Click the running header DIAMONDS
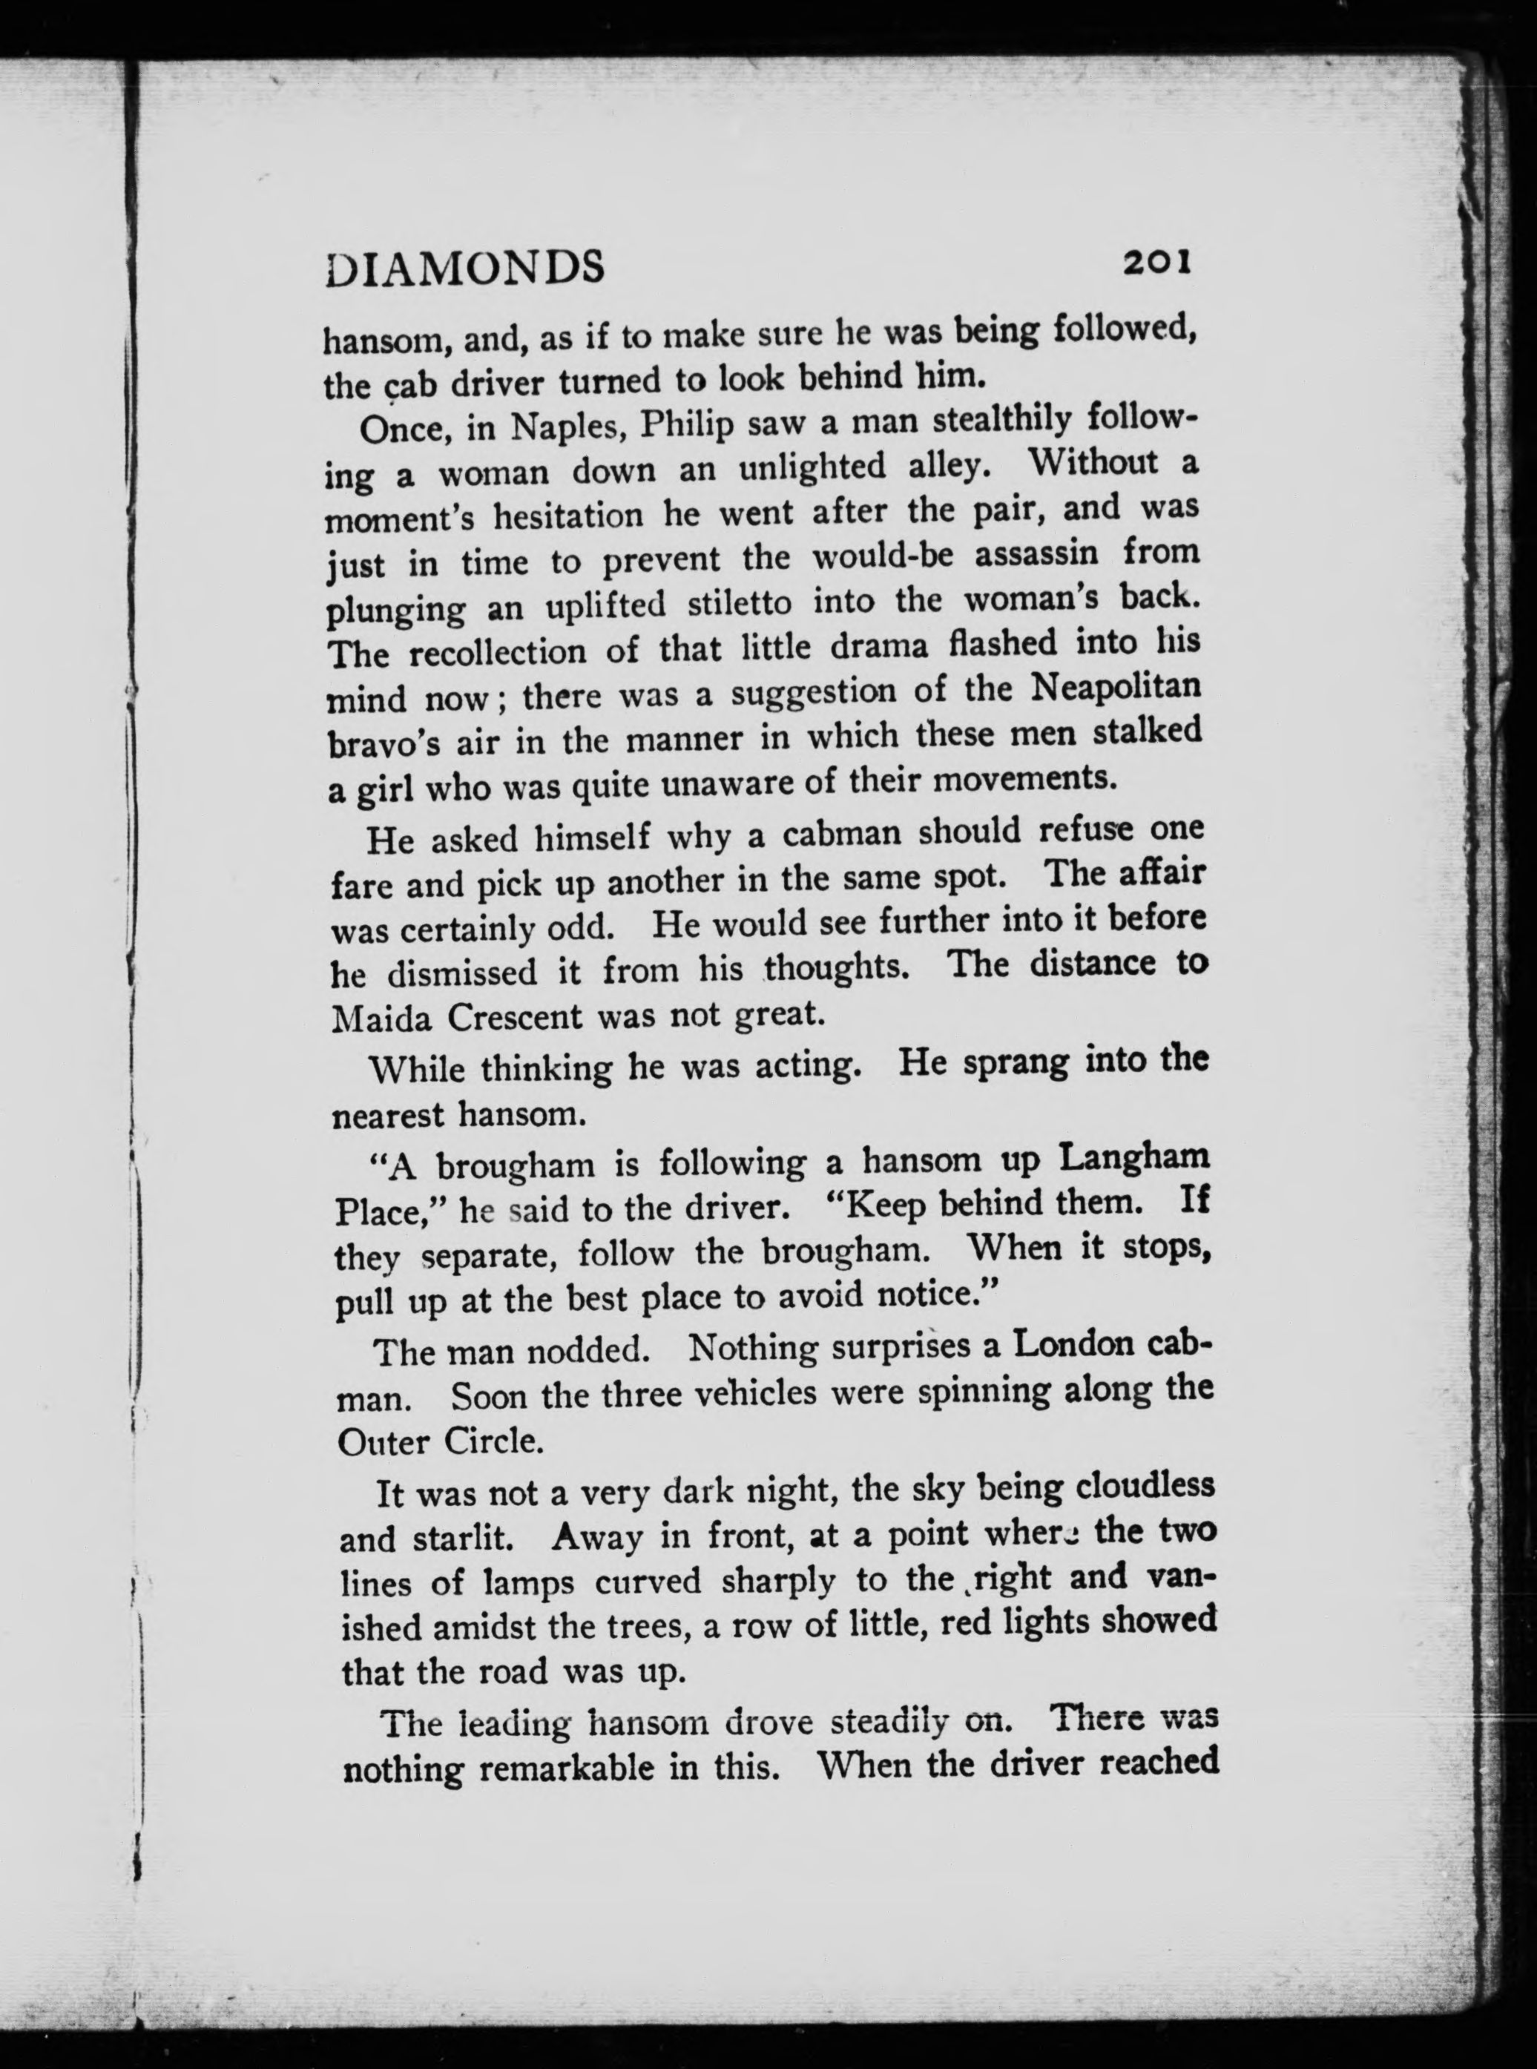click(465, 267)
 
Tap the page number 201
click(1156, 263)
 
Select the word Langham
click(1135, 1158)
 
